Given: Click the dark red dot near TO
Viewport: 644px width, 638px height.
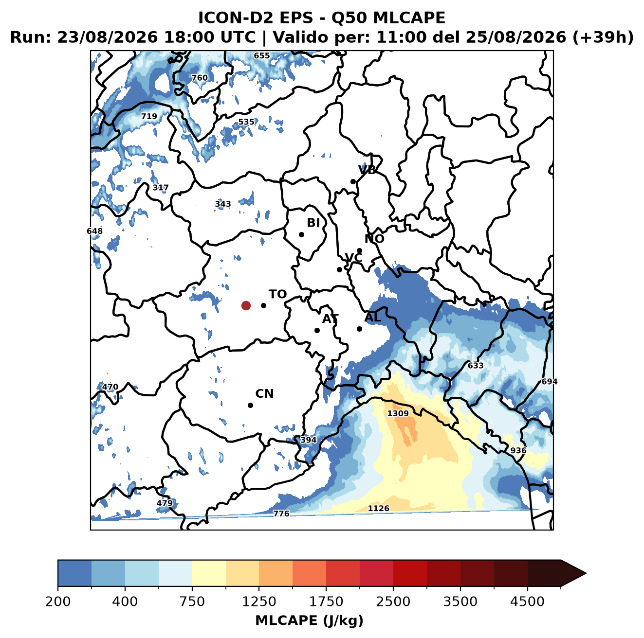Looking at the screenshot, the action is (246, 305).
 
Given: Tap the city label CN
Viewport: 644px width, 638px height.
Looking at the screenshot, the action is (264, 394).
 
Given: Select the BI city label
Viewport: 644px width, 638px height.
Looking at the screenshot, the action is (313, 223).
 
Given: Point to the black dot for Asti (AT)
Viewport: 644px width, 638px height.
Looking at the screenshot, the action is (317, 330).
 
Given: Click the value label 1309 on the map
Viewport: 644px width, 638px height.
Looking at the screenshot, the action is (398, 414).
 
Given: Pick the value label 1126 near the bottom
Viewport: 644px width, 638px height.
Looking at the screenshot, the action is (378, 508).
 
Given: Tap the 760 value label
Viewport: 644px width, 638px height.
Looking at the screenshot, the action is (200, 78).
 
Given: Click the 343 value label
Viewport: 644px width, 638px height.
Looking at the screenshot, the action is (222, 204).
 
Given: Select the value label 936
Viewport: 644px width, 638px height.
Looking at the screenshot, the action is (518, 451).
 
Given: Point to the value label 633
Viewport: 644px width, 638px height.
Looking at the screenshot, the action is (475, 366).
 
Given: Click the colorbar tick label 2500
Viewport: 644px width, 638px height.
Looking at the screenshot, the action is (393, 602).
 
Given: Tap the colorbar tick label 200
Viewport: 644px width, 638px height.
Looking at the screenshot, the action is (58, 602).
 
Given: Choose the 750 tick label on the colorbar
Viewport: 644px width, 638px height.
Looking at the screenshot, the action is (192, 602).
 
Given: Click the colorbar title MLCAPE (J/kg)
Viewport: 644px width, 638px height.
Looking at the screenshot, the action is (309, 620).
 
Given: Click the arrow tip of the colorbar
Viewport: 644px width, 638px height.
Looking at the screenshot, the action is (586, 573).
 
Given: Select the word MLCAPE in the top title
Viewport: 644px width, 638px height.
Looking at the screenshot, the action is (409, 18).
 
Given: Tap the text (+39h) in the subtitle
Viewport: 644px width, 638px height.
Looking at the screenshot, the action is (603, 37).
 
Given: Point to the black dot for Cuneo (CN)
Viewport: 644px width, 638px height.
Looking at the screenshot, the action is (250, 405).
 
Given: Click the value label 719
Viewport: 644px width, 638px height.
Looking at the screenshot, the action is (149, 117).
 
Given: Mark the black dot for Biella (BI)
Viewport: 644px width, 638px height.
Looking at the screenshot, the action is (301, 235).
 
